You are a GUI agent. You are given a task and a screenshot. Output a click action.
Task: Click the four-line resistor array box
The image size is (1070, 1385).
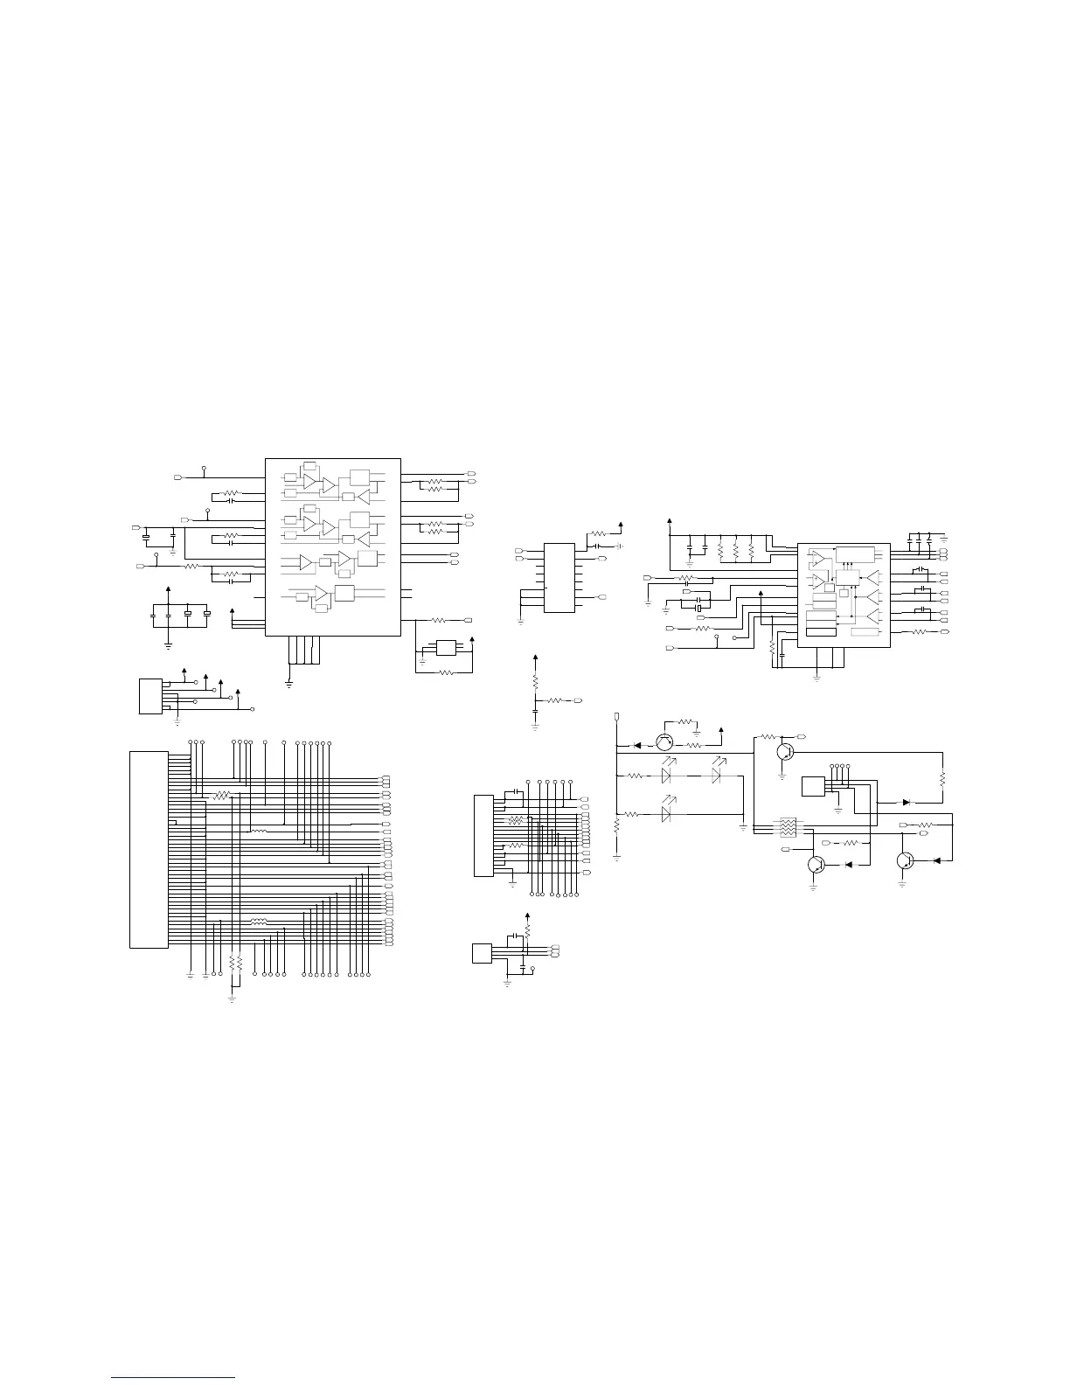click(787, 827)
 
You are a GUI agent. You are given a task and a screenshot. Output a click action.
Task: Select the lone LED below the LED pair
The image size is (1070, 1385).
click(667, 814)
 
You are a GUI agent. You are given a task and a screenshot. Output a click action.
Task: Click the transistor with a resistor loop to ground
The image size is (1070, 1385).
click(665, 743)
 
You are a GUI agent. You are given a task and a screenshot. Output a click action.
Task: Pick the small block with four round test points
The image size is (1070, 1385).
click(814, 785)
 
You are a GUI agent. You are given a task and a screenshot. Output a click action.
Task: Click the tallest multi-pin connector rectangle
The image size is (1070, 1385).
click(147, 848)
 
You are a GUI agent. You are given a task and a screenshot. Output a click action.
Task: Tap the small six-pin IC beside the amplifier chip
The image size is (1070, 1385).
click(446, 649)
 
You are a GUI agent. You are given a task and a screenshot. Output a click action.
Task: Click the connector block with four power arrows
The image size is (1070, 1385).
click(149, 695)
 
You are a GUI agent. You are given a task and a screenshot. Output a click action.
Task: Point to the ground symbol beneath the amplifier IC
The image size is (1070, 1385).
click(288, 680)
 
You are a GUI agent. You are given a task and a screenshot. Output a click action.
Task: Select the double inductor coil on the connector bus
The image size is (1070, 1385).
click(258, 921)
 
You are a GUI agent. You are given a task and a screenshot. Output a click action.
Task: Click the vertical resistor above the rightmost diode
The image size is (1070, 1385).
click(943, 777)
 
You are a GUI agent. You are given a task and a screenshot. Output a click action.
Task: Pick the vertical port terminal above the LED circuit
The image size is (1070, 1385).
click(617, 717)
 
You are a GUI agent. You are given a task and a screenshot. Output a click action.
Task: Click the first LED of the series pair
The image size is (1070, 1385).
click(667, 776)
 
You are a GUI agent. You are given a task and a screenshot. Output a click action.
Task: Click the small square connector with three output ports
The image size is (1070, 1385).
click(483, 953)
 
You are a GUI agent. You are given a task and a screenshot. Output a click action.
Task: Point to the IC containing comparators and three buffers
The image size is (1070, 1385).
click(844, 595)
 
